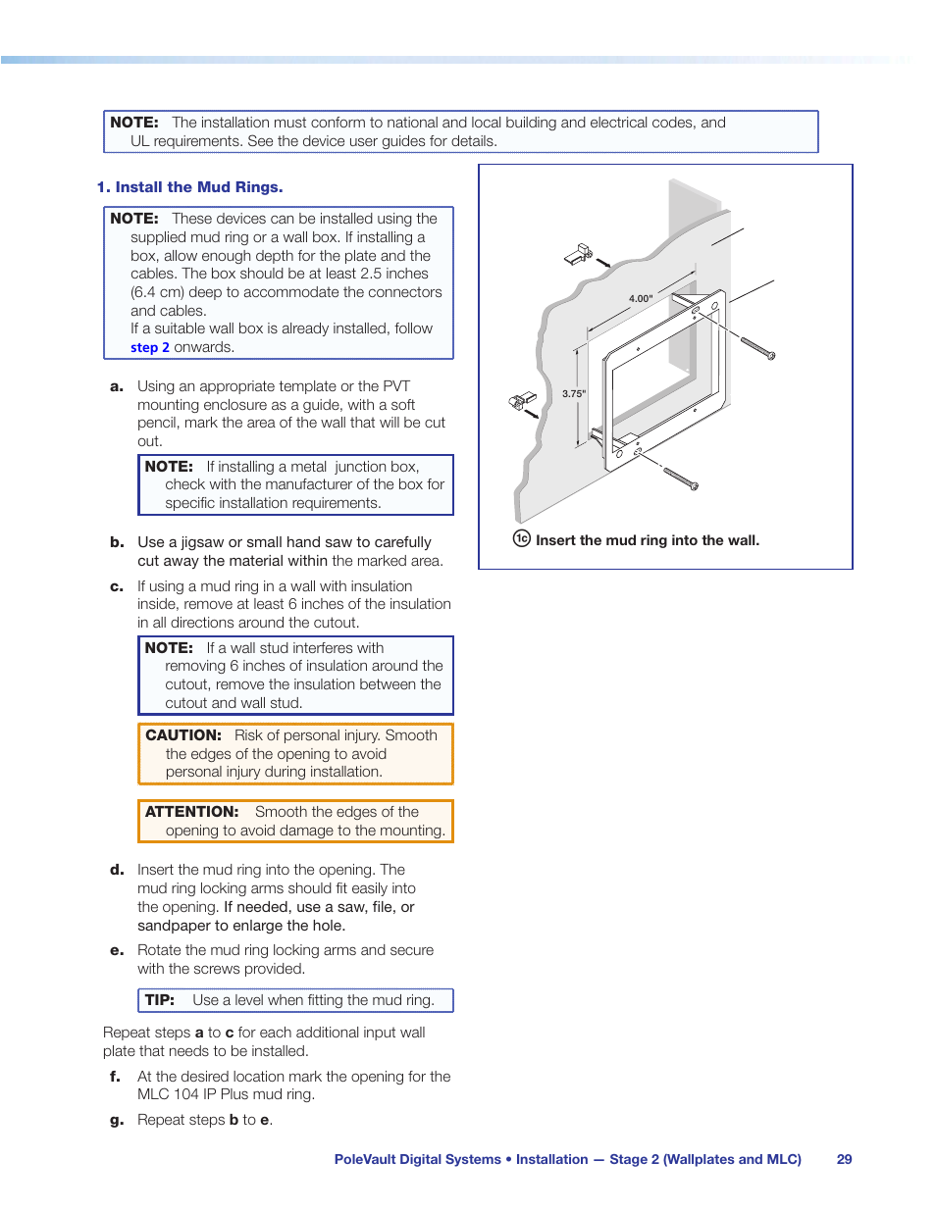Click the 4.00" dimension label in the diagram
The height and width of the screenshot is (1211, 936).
pyautogui.click(x=641, y=298)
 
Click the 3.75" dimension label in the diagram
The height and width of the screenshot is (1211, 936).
pyautogui.click(x=574, y=393)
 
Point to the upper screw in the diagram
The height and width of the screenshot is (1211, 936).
pyautogui.click(x=757, y=347)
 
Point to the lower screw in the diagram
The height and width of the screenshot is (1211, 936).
pyautogui.click(x=680, y=479)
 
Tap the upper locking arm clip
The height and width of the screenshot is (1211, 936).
pyautogui.click(x=578, y=255)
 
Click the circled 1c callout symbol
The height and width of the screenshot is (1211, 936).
pyautogui.click(x=522, y=538)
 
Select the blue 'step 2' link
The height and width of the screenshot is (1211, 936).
pyautogui.click(x=150, y=347)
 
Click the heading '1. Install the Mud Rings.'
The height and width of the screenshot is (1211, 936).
pyautogui.click(x=189, y=187)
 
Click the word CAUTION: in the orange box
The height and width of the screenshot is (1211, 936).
pyautogui.click(x=183, y=735)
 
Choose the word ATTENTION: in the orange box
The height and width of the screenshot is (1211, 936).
pyautogui.click(x=192, y=812)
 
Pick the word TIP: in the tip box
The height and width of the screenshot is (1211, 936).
pyautogui.click(x=160, y=1000)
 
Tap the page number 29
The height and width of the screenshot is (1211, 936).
pyautogui.click(x=844, y=1159)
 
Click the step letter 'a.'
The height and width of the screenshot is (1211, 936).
pyautogui.click(x=117, y=386)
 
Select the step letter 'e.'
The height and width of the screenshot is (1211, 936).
pyautogui.click(x=117, y=950)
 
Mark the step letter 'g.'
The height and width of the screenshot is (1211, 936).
pyautogui.click(x=117, y=1120)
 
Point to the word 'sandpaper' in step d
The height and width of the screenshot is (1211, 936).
pyautogui.click(x=174, y=926)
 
